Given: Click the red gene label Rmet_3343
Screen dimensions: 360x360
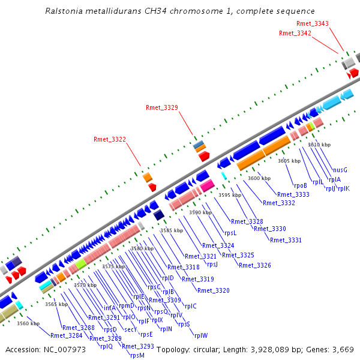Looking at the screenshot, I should [313, 24].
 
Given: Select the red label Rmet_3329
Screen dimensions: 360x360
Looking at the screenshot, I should [162, 107].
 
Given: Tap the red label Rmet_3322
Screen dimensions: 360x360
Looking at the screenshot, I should [110, 140].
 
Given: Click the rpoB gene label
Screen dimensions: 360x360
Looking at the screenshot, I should [300, 185].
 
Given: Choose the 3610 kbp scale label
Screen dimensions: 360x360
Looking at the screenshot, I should [319, 145].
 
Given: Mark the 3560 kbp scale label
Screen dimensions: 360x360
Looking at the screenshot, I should [28, 323].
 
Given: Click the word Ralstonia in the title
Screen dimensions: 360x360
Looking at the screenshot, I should [65, 11].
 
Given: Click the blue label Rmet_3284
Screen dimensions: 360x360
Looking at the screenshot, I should [66, 335].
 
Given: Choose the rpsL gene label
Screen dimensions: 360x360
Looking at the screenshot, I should [230, 233].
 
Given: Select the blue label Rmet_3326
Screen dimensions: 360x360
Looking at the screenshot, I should [255, 265].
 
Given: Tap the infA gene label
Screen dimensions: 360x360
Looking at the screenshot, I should [109, 308].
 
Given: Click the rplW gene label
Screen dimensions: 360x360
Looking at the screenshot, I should [200, 335].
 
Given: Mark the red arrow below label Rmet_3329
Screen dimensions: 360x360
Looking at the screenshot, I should [204, 156].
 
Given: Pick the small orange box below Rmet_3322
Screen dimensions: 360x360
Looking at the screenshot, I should [147, 177].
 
